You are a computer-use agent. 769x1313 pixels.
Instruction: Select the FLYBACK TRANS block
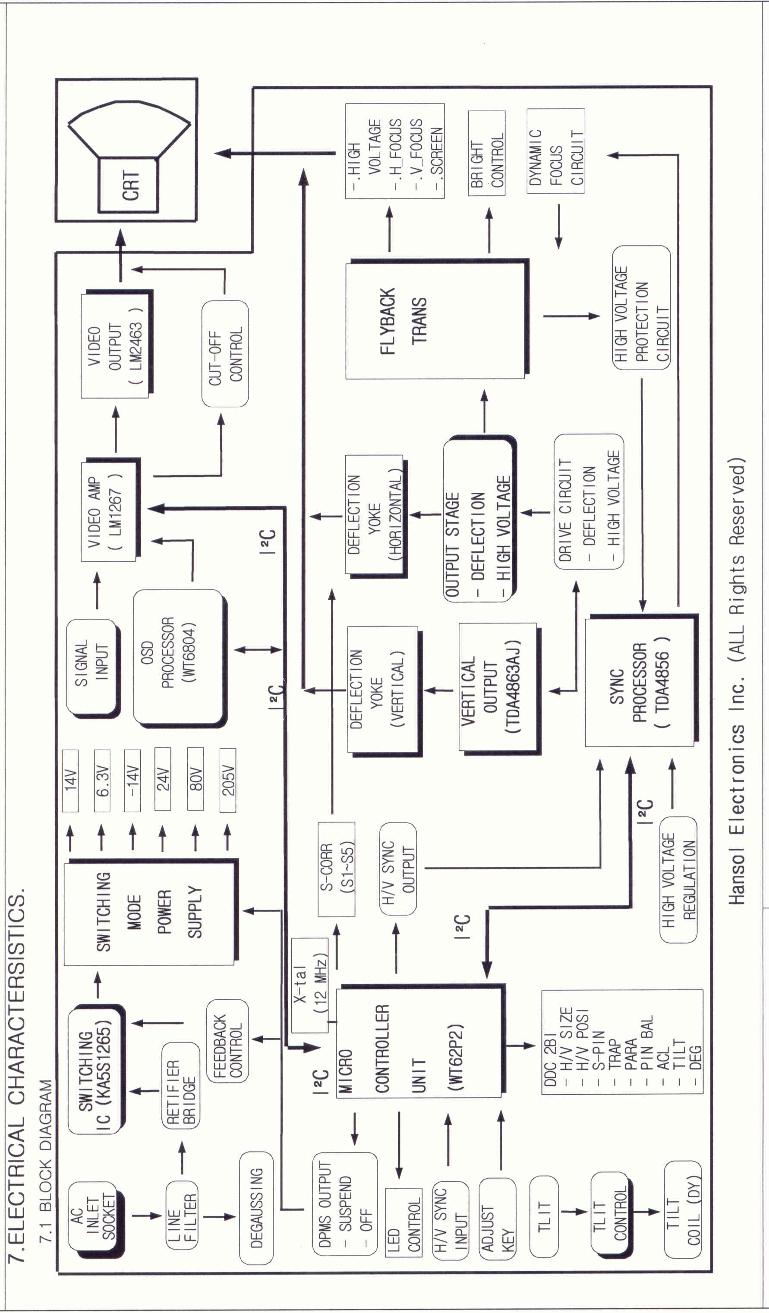click(435, 321)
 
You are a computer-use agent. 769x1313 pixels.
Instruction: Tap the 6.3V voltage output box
click(102, 780)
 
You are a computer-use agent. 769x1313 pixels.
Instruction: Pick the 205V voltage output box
click(228, 780)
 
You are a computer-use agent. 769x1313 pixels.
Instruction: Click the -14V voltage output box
click(132, 780)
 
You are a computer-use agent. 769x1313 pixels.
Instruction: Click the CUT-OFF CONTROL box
click(225, 354)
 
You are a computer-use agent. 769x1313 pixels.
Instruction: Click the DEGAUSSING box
click(256, 1208)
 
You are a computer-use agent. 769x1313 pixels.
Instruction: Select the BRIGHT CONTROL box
click(487, 153)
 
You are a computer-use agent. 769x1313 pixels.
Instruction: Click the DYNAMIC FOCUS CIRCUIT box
click(555, 151)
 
